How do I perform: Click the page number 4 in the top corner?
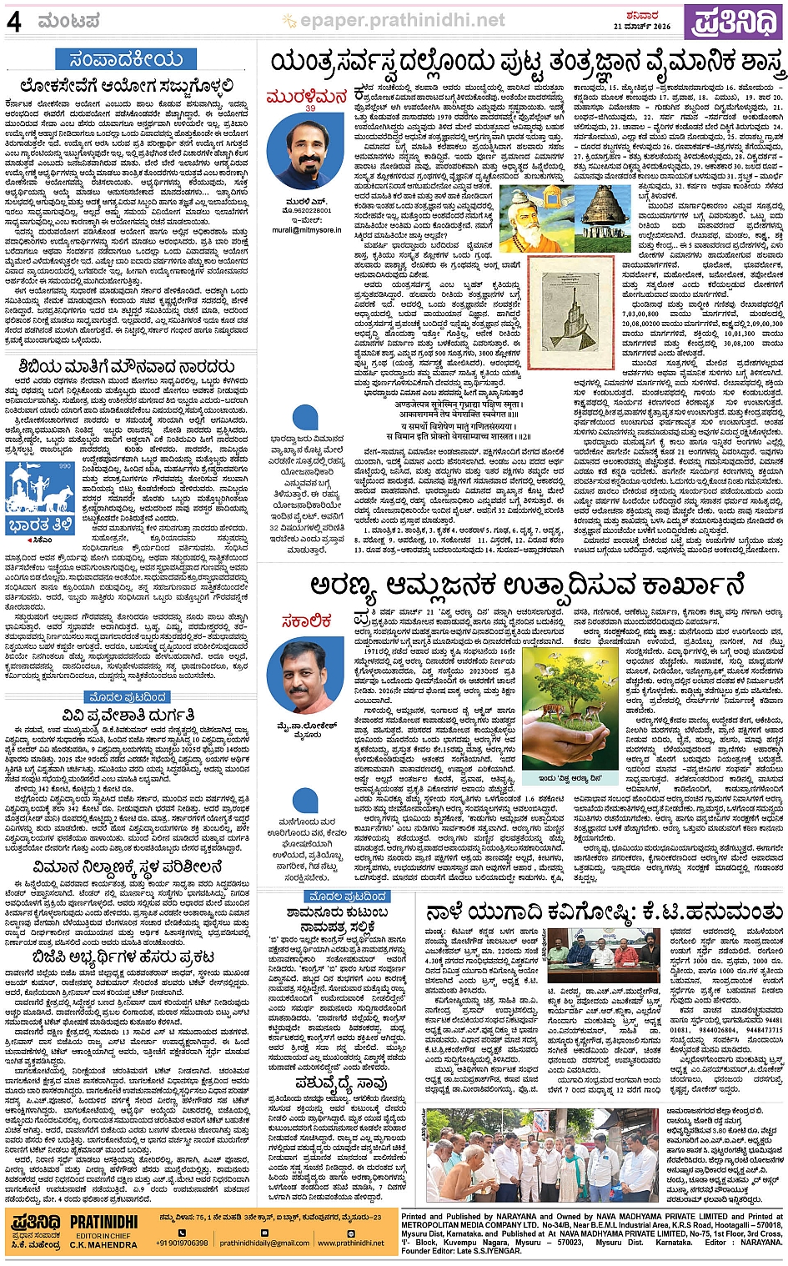[14, 21]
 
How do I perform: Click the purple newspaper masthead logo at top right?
[734, 22]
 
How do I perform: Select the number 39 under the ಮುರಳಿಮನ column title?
[310, 108]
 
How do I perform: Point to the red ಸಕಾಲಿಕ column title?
[306, 620]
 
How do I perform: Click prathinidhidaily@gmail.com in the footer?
[264, 1243]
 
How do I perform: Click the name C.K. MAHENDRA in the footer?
[103, 1244]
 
